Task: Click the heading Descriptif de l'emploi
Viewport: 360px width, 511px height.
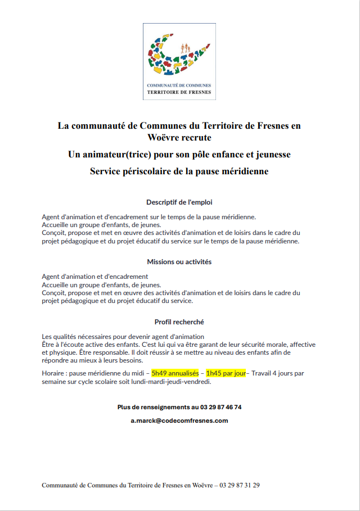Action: click(179, 202)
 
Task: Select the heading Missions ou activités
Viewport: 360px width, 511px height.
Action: click(179, 262)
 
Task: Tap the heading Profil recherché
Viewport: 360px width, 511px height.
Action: click(179, 322)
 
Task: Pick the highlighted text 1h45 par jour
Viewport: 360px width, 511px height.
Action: click(226, 373)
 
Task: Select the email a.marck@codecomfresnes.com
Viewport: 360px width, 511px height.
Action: click(179, 420)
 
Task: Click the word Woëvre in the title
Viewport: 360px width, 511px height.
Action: click(163, 137)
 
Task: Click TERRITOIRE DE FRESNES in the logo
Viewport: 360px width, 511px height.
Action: click(179, 91)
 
